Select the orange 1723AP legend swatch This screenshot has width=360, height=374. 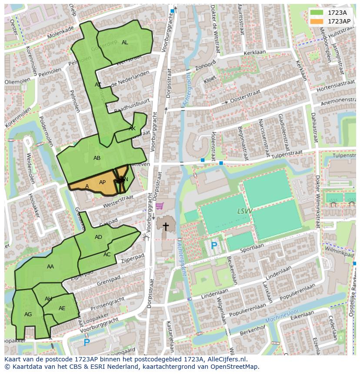[318, 21]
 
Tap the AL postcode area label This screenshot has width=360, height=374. [125, 43]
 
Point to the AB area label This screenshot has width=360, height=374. [97, 158]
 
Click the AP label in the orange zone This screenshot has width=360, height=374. [102, 182]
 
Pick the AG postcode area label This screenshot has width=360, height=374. [28, 314]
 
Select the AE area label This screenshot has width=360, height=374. [62, 308]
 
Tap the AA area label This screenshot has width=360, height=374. [50, 267]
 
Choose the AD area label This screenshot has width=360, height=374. [98, 237]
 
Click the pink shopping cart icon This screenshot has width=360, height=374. [160, 206]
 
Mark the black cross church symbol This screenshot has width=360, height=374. [166, 226]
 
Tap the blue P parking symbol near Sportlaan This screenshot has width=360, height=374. [214, 246]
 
